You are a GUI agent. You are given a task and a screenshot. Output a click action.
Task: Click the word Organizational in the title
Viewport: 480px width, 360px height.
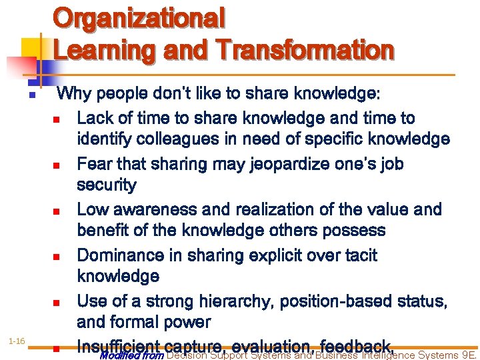pyautogui.click(x=139, y=19)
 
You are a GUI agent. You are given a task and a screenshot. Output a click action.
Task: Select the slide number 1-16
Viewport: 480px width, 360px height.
pyautogui.click(x=17, y=342)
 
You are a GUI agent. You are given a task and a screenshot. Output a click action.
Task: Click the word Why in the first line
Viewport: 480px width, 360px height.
pyautogui.click(x=75, y=94)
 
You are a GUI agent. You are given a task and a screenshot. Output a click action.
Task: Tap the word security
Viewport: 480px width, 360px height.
pyautogui.click(x=107, y=185)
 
